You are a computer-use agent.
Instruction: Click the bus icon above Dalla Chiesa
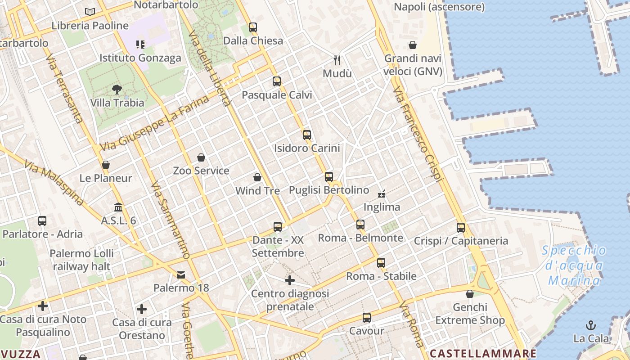(253, 27)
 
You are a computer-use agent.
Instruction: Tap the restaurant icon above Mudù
(337, 60)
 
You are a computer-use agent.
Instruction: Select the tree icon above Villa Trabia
(117, 90)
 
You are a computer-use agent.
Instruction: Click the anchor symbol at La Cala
(591, 325)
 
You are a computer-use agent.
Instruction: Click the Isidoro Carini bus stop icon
(307, 135)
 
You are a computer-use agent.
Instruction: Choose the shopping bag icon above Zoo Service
(201, 157)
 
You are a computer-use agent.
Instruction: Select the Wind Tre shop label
(257, 191)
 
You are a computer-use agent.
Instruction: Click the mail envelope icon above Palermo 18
(181, 274)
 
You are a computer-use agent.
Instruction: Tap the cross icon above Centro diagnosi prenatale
(290, 281)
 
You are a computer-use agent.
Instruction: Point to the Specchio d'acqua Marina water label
(574, 265)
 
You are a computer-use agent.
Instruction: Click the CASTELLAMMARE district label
(483, 353)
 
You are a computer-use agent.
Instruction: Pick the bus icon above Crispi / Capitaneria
(460, 228)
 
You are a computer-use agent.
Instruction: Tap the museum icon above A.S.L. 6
(118, 207)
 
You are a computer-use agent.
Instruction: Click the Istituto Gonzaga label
(140, 58)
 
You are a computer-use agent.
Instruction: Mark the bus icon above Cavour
(367, 318)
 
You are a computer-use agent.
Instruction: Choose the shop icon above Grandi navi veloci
(413, 45)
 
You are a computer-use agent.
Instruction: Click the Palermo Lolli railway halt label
(81, 260)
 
